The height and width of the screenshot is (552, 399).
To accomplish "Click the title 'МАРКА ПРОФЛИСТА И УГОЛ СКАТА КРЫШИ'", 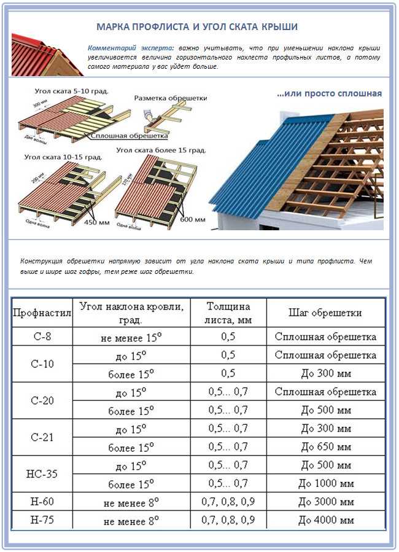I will (x=198, y=27).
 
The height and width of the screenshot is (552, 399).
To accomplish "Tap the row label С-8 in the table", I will (x=42, y=336).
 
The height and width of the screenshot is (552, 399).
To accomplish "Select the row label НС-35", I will (x=42, y=474).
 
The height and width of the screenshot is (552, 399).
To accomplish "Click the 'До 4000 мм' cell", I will (x=325, y=521).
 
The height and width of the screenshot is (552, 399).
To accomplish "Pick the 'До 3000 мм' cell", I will (x=325, y=502).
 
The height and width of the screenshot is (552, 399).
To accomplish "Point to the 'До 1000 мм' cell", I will (x=325, y=484).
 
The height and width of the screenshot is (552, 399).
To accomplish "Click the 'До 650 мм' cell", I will (x=325, y=447).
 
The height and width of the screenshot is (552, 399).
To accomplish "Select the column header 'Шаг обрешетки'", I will (x=325, y=313).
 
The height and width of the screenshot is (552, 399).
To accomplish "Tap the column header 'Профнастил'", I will (x=42, y=313).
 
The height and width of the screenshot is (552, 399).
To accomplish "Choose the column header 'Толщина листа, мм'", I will (x=228, y=313).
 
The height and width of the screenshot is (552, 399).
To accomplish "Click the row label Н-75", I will (x=42, y=521).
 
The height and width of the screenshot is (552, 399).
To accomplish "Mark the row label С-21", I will (x=42, y=437).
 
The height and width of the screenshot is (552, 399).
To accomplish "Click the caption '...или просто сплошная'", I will (x=329, y=94).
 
